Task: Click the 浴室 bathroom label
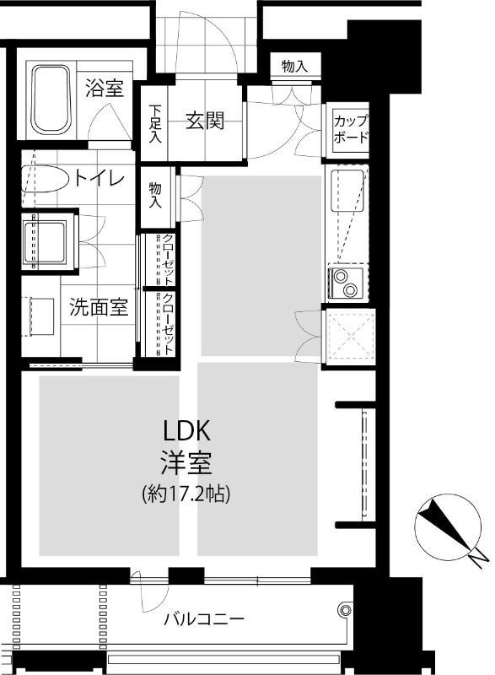click(105, 89)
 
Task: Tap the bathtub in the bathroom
click(51, 100)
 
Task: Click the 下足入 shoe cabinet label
click(155, 123)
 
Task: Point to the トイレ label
click(99, 178)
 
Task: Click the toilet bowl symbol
click(46, 177)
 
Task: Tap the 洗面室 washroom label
click(99, 307)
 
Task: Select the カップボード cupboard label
click(351, 129)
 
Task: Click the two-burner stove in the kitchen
click(346, 283)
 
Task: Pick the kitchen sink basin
click(348, 191)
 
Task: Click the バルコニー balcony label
click(204, 619)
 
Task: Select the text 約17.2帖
click(186, 494)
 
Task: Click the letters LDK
click(186, 431)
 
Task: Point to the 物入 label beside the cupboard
click(294, 67)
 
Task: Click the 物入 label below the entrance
click(155, 195)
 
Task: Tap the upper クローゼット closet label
click(168, 260)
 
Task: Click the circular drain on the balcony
click(345, 610)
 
